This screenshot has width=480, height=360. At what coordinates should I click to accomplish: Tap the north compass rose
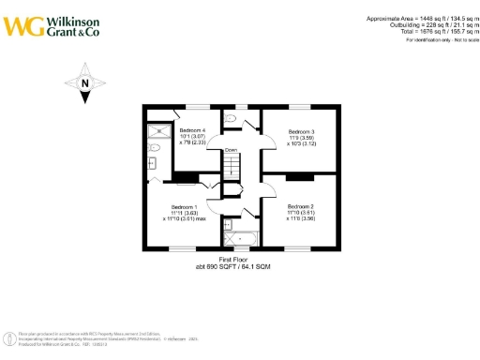coord(84,81)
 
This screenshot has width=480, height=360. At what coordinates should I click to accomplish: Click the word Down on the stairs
coord(231,150)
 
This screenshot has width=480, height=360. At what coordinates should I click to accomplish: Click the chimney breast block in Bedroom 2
coord(300,176)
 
